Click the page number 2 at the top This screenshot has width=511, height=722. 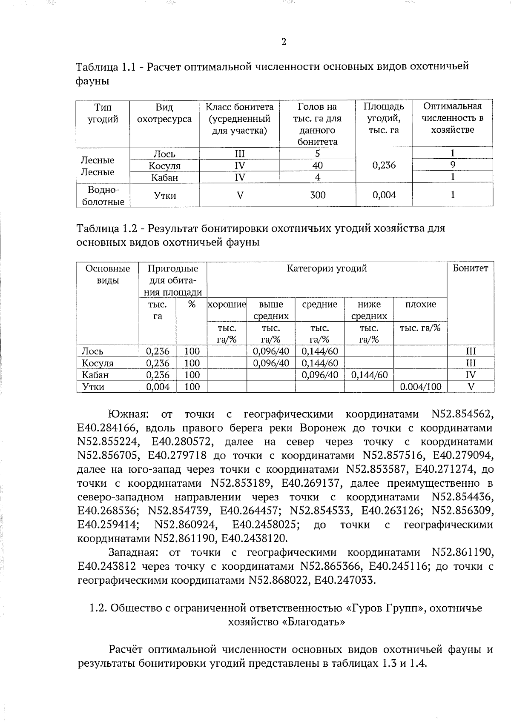pyautogui.click(x=284, y=42)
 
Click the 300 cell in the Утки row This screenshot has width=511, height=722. pyautogui.click(x=317, y=195)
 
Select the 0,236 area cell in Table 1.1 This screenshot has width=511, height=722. pyautogui.click(x=384, y=165)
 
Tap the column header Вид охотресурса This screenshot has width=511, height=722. pyautogui.click(x=164, y=113)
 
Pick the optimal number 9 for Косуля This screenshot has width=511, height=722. pyautogui.click(x=453, y=165)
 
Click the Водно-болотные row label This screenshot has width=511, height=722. pyautogui.click(x=103, y=196)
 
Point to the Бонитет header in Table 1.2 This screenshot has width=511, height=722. pyautogui.click(x=470, y=268)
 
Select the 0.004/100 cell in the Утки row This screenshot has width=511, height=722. pyautogui.click(x=420, y=387)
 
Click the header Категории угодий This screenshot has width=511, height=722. pyautogui.click(x=327, y=268)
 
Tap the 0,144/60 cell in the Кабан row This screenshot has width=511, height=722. pyautogui.click(x=369, y=375)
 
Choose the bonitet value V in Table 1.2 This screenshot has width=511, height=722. pyautogui.click(x=471, y=387)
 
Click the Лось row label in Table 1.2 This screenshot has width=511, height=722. pyautogui.click(x=92, y=351)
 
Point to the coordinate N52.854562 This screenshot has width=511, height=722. pyautogui.click(x=462, y=414)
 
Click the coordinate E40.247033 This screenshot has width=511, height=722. pyautogui.click(x=345, y=580)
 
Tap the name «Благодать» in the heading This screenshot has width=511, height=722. pyautogui.click(x=313, y=622)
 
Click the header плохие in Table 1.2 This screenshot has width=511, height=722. pyautogui.click(x=420, y=305)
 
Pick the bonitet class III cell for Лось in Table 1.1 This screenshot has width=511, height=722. pyautogui.click(x=239, y=154)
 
